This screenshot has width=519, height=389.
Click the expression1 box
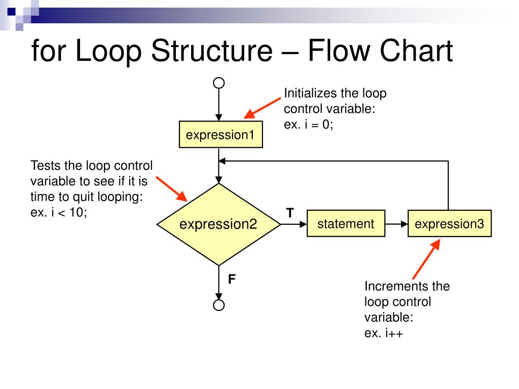221,134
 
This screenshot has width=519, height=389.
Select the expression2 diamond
219,224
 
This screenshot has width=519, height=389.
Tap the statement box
346,223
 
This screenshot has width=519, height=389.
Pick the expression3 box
450,223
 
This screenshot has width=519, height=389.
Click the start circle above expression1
219,83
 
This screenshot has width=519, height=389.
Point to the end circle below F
219,305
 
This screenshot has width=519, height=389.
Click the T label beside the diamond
290,213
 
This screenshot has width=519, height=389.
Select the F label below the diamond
232,279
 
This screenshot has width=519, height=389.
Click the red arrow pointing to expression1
262,108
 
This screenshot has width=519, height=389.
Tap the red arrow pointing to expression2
172,189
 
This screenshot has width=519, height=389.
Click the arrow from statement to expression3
396,224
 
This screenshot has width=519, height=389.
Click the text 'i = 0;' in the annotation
319,125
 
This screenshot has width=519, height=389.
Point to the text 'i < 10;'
69,212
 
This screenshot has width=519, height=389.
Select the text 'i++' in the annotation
394,333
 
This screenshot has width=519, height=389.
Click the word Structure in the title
212,51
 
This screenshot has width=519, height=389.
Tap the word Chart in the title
417,51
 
